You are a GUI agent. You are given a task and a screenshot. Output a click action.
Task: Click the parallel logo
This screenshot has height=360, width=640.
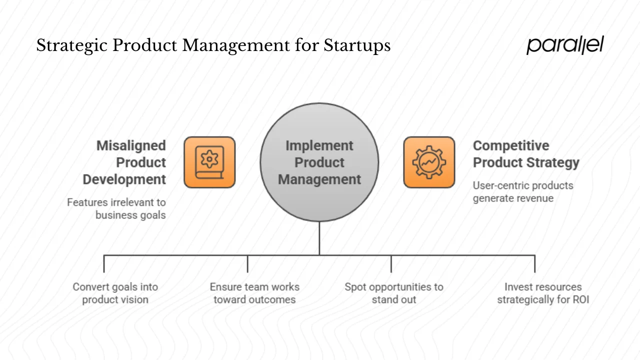pos(565,45)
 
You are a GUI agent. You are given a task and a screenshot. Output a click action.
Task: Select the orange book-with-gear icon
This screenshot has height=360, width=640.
pos(209,162)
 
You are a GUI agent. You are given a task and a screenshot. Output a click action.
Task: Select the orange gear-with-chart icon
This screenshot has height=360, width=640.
pos(429,162)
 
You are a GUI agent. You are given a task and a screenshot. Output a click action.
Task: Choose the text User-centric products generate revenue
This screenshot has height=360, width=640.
pos(522,192)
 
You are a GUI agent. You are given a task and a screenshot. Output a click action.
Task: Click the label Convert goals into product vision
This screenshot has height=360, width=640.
pos(115,293)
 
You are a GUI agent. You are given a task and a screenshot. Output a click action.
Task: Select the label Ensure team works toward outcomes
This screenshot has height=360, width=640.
pos(254,293)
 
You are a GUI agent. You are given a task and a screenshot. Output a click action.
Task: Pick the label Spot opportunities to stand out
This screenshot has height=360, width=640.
pos(394,293)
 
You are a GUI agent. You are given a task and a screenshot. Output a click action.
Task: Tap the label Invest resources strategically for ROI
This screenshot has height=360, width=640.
pos(543,293)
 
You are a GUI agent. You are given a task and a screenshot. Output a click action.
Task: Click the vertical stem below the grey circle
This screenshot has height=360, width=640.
pos(319,238)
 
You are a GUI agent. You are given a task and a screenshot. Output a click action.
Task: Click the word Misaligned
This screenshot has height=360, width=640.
pos(131,145)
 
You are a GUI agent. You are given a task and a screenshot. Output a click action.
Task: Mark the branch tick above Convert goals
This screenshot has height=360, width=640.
pos(104,263)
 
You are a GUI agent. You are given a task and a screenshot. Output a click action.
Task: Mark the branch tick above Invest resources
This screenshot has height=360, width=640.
pos(534,263)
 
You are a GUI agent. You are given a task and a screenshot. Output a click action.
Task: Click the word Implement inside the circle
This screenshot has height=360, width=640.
pos(319,145)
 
